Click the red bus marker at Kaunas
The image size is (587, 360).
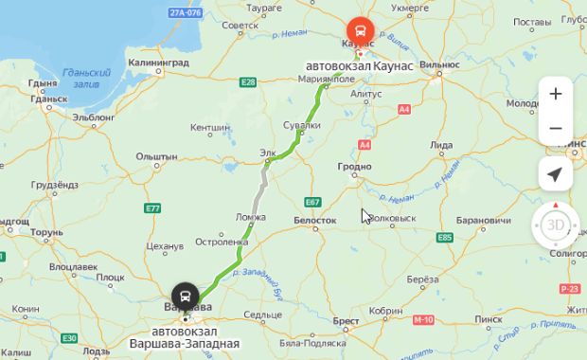tap(360, 29)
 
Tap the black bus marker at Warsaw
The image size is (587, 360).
tap(185, 294)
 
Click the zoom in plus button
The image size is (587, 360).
tap(555, 94)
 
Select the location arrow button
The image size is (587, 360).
tap(555, 174)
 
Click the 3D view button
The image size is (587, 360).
tap(555, 225)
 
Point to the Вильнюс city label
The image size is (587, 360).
tap(438, 63)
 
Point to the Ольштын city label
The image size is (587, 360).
tap(157, 155)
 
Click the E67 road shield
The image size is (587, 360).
tap(313, 201)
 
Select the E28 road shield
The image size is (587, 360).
tap(248, 83)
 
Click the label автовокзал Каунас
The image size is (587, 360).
tap(352, 66)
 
